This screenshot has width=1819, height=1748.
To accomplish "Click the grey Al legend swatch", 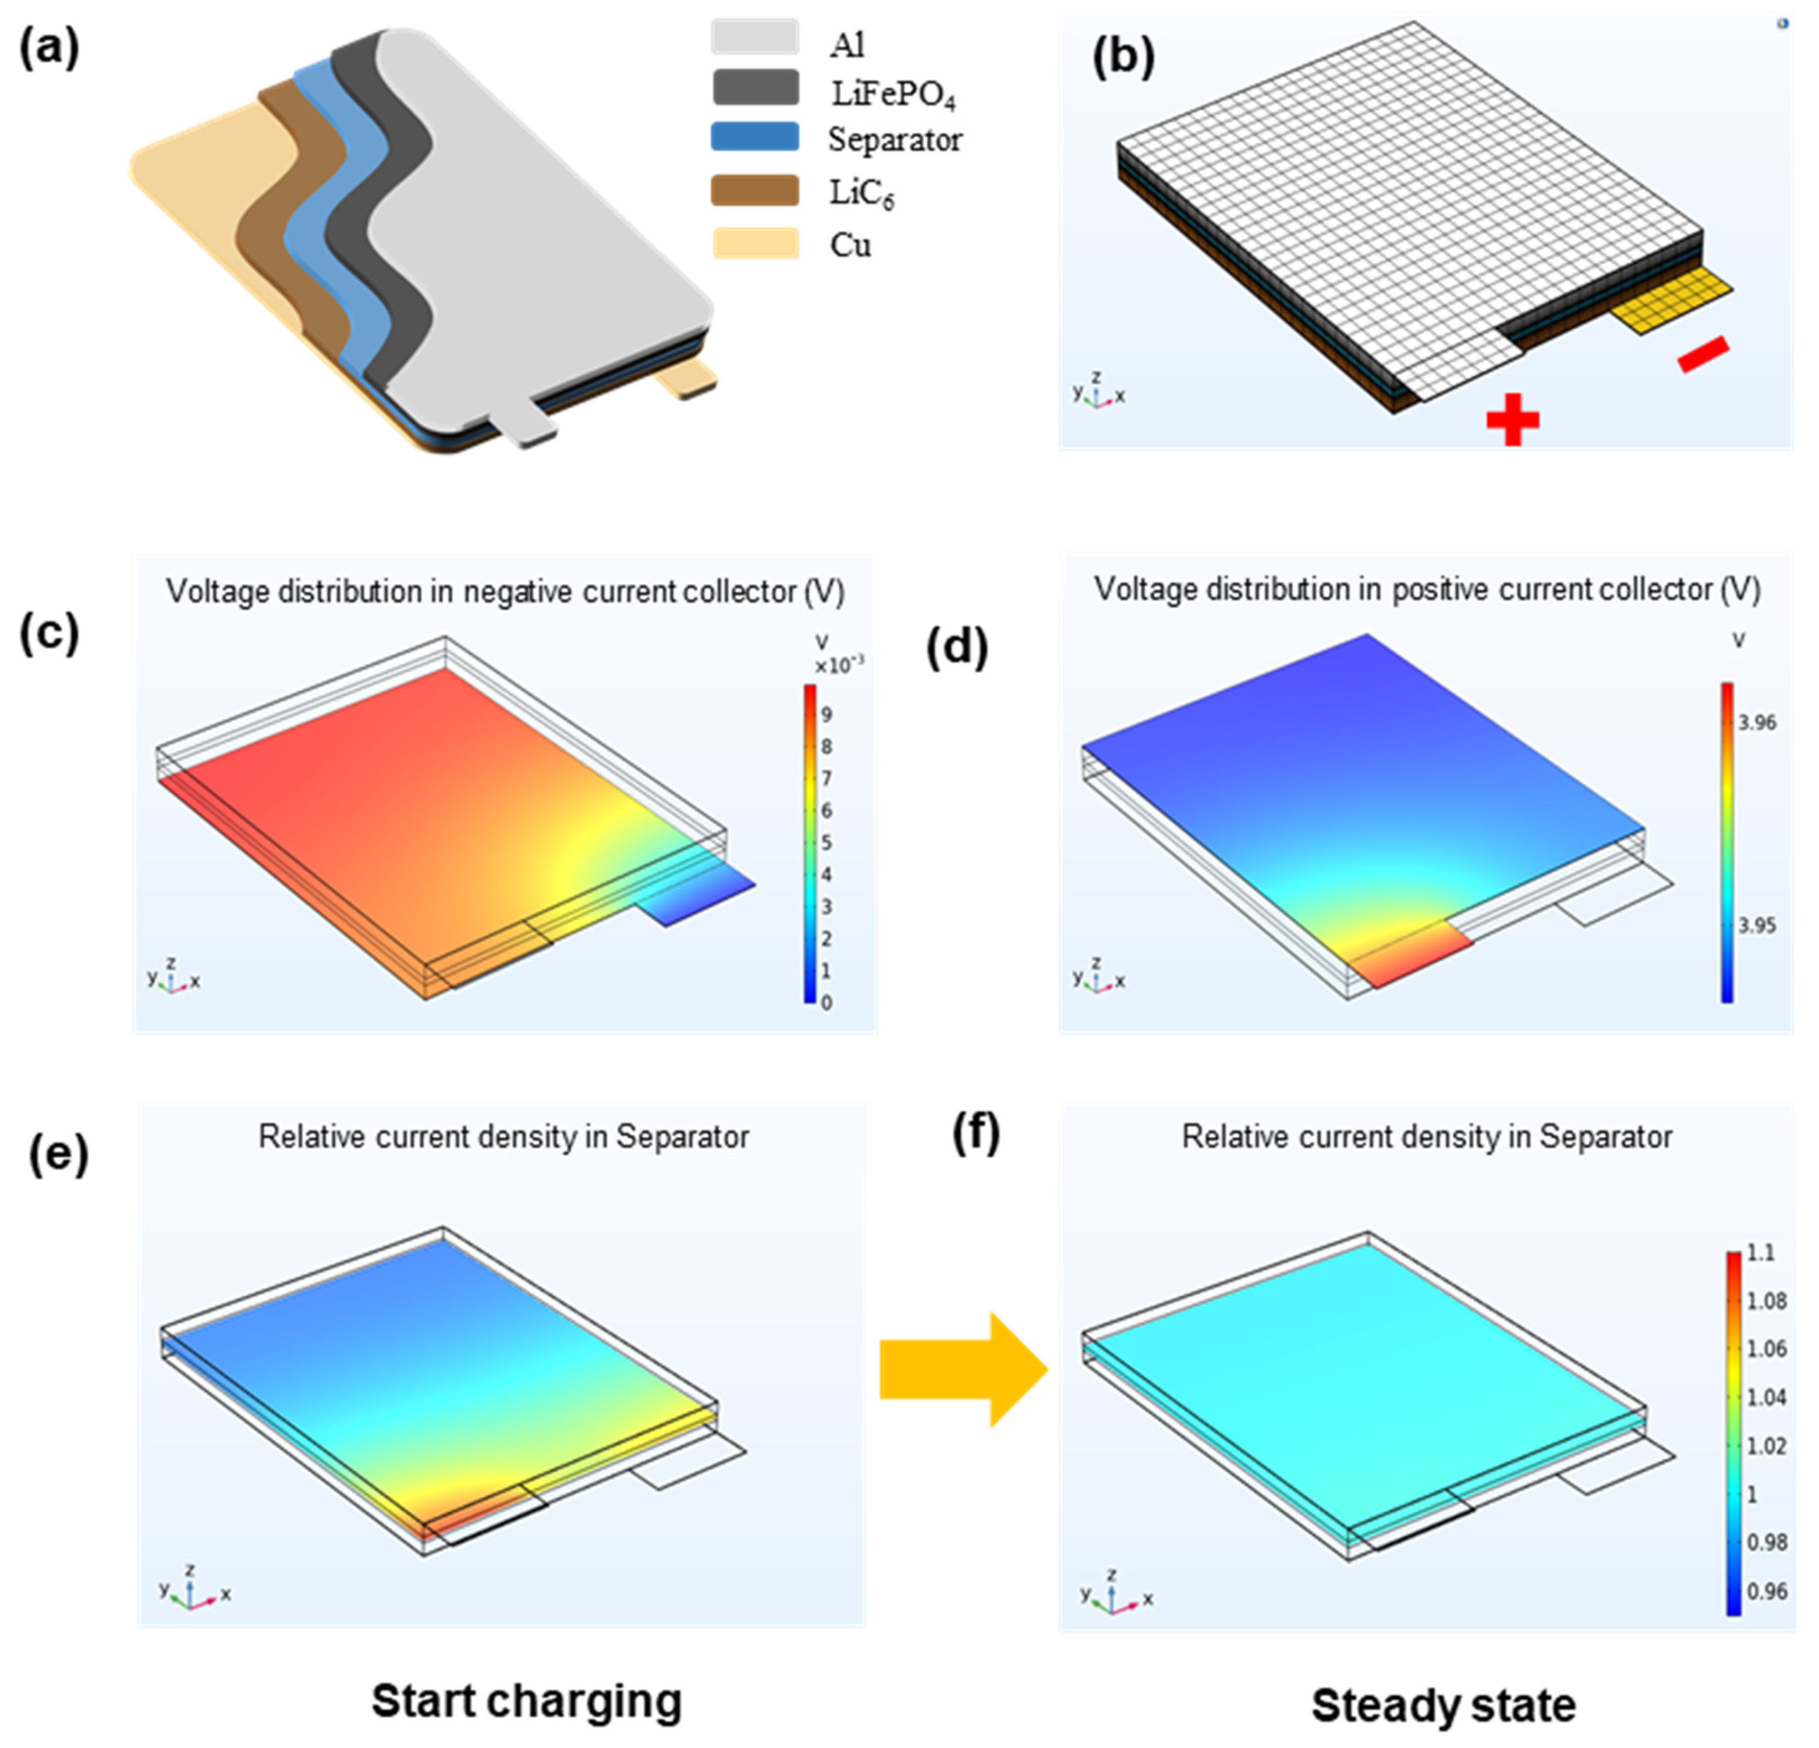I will (754, 37).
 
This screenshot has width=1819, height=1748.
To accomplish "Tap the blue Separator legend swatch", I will (754, 137).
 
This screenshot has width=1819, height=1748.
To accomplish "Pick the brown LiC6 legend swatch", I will (754, 190).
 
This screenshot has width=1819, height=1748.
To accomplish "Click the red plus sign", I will (1513, 420).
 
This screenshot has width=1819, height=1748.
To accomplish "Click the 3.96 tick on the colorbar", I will (1757, 723).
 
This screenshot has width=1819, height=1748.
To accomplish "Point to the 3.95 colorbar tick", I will (1757, 925).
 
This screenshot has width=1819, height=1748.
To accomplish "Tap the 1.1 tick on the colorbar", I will (1761, 1253).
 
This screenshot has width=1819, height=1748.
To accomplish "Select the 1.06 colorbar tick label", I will (1766, 1348).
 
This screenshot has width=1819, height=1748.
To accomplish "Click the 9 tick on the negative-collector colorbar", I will (826, 715).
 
